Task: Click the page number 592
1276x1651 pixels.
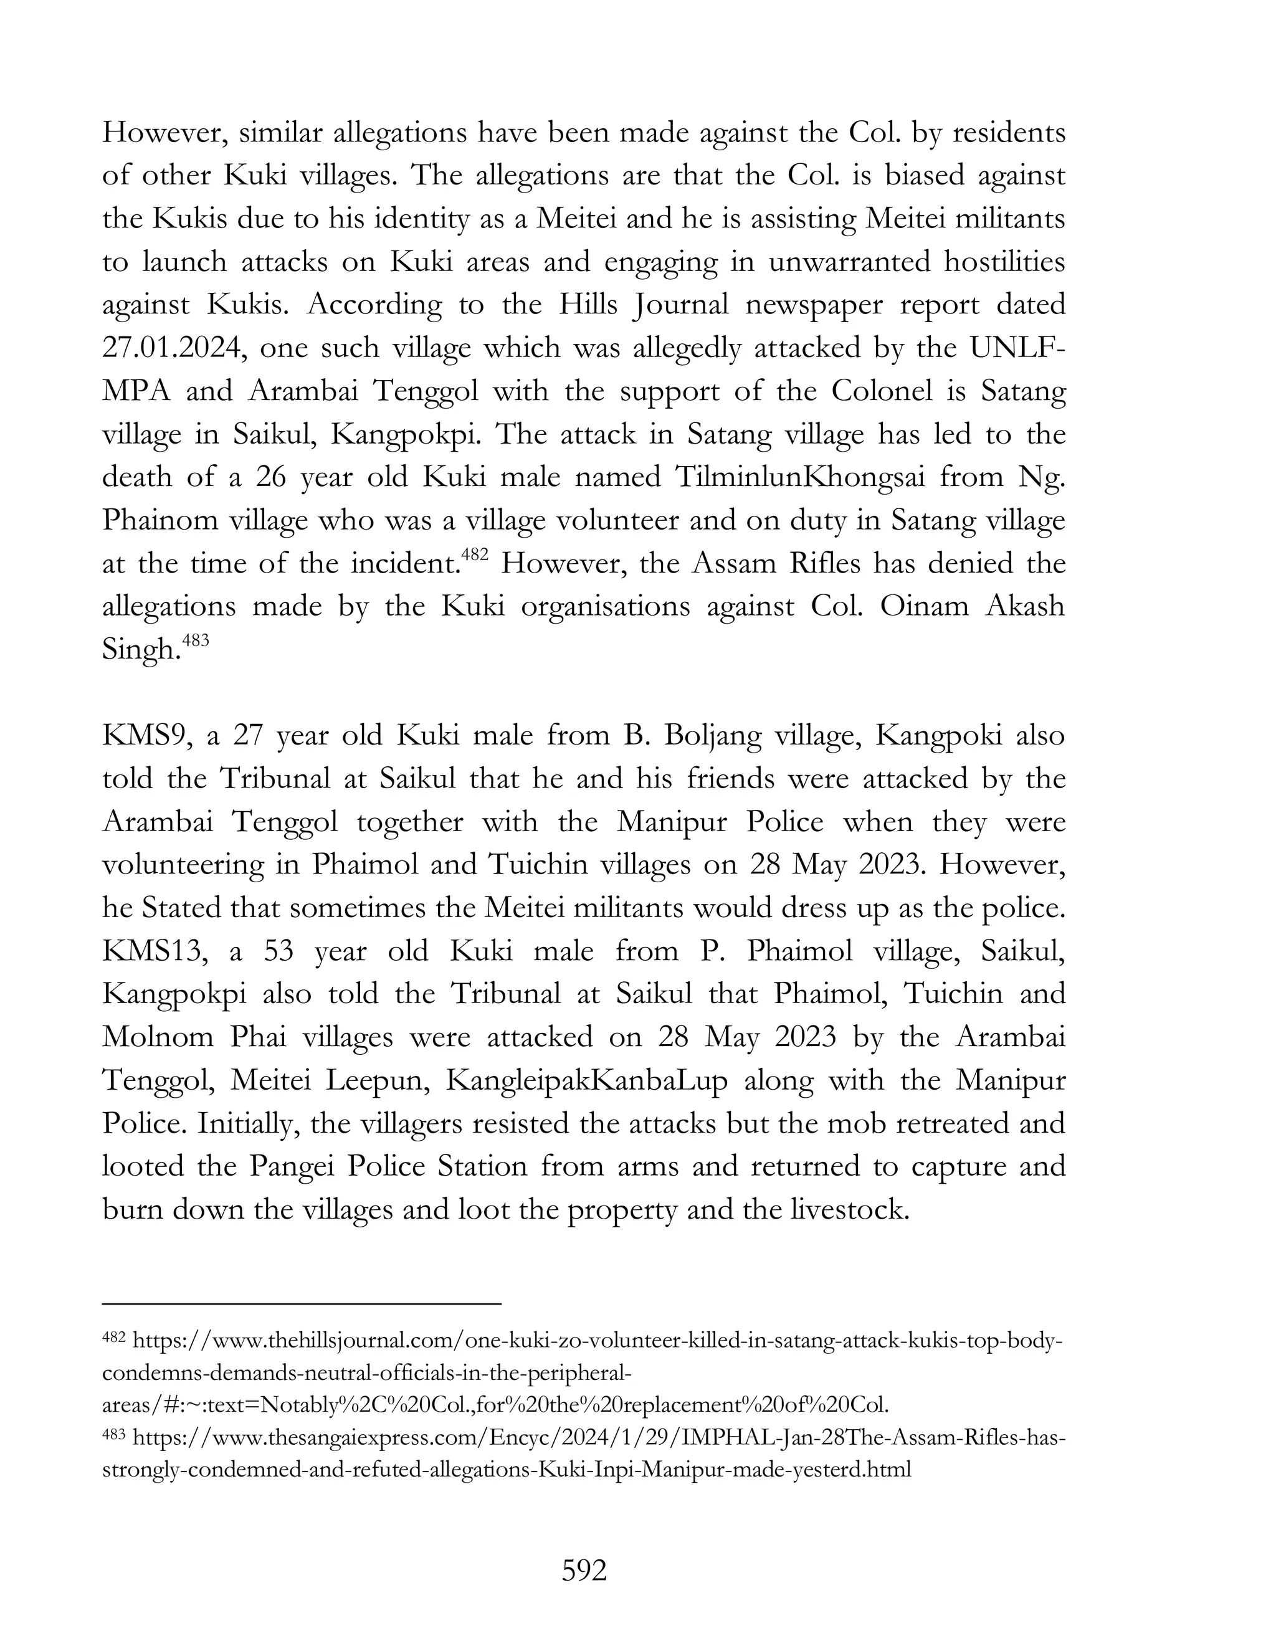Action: (584, 1571)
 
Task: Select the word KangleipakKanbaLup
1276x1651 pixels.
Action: (586, 1080)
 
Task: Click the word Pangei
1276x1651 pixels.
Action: (288, 1166)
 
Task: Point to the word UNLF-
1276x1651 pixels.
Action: (1017, 348)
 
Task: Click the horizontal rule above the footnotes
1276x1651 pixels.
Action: (302, 1303)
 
